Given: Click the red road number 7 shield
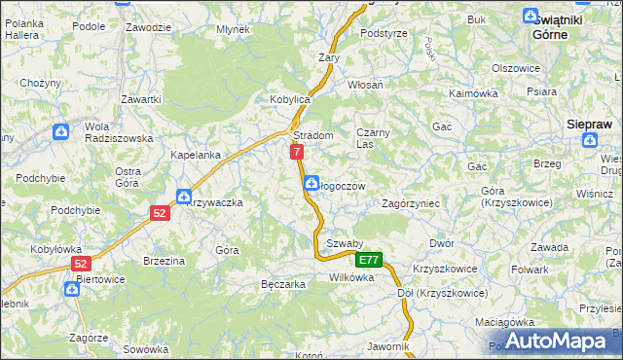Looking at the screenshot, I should (x=297, y=152).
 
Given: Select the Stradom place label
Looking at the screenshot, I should (x=313, y=135).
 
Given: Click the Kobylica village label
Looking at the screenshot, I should (x=289, y=100).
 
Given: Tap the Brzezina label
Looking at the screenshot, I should (x=164, y=261).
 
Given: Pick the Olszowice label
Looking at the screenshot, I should (x=516, y=68).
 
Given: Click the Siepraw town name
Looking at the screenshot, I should (x=589, y=124).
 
